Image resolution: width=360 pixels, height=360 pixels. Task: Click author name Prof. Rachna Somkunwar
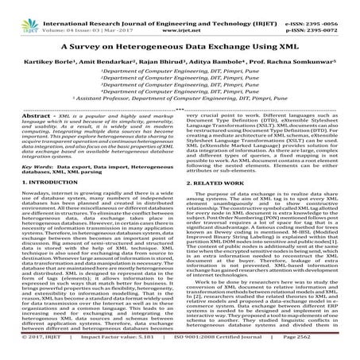point(305,62)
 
